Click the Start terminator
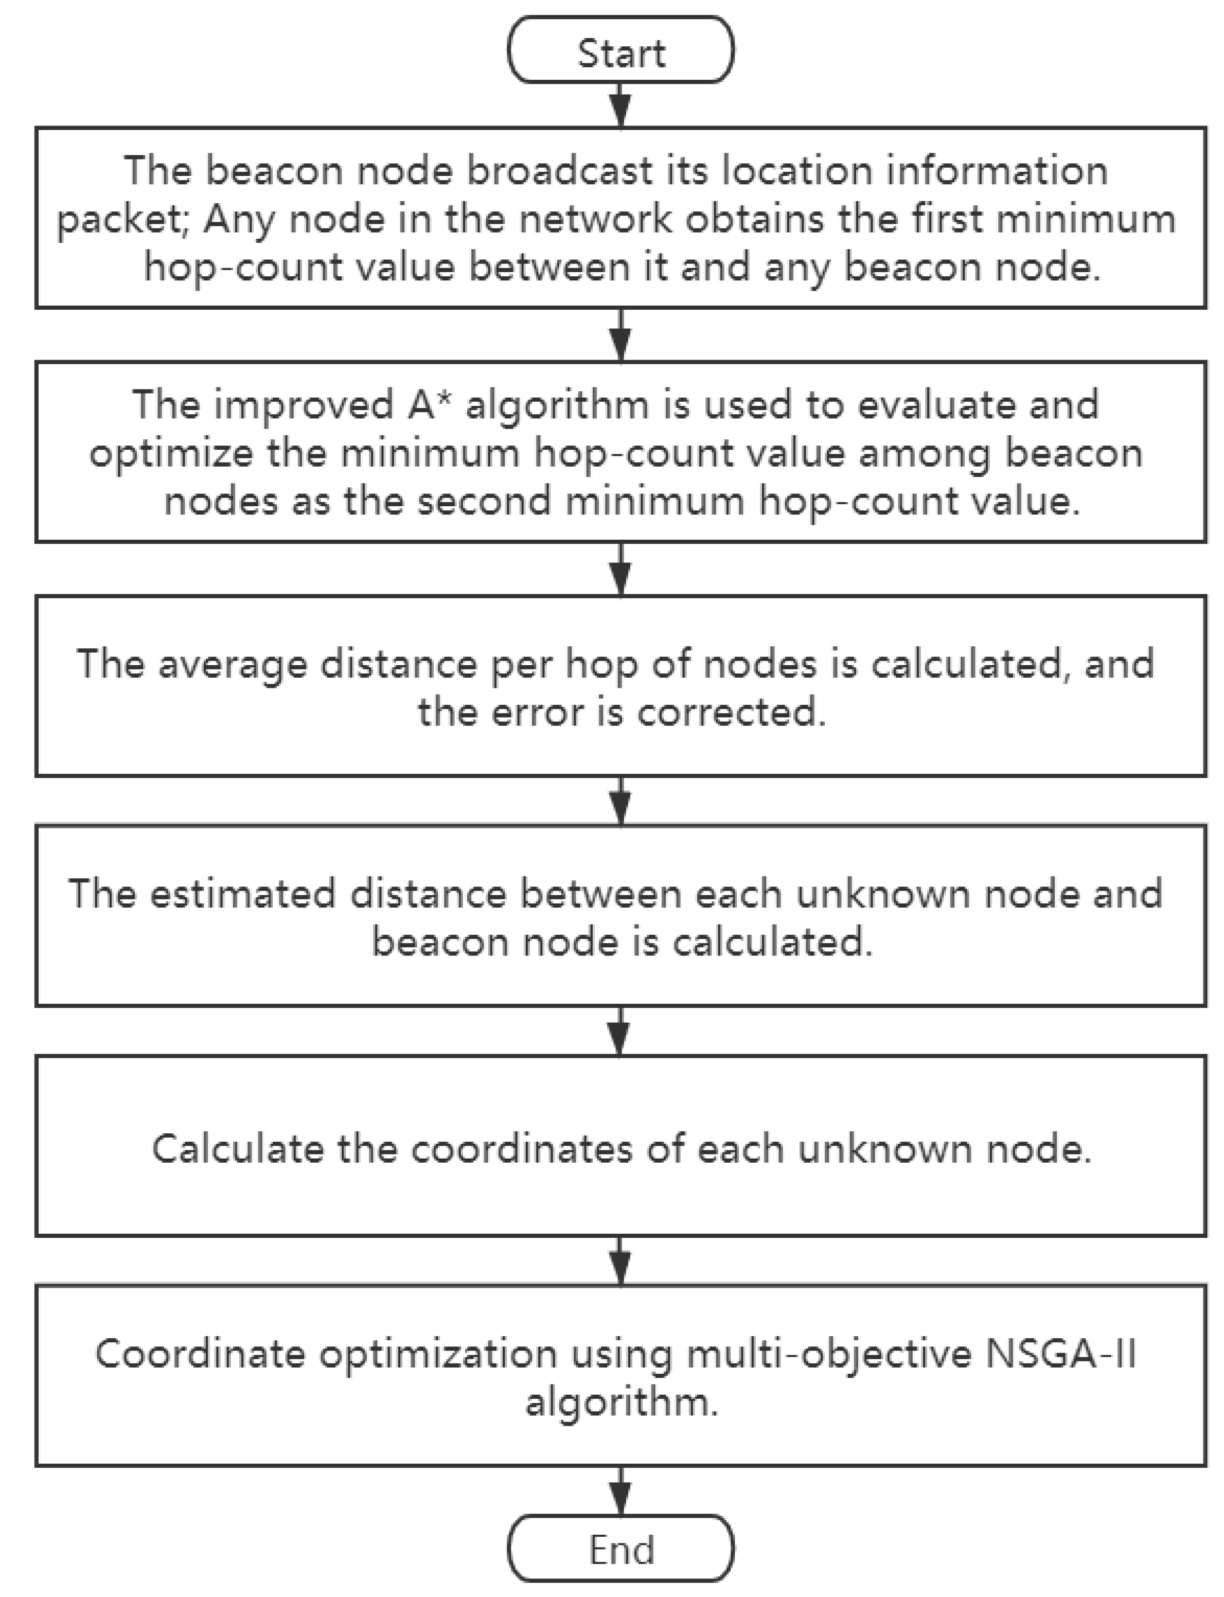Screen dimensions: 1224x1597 tap(620, 51)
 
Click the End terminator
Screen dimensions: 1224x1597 tap(620, 1548)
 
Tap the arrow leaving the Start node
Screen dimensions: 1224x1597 tap(620, 105)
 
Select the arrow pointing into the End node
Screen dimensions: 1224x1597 tap(620, 1490)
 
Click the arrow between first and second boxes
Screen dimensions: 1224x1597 tap(620, 335)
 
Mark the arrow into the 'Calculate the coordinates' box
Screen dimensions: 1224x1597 tap(620, 1032)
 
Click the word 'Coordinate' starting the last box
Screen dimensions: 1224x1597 tap(200, 1354)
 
